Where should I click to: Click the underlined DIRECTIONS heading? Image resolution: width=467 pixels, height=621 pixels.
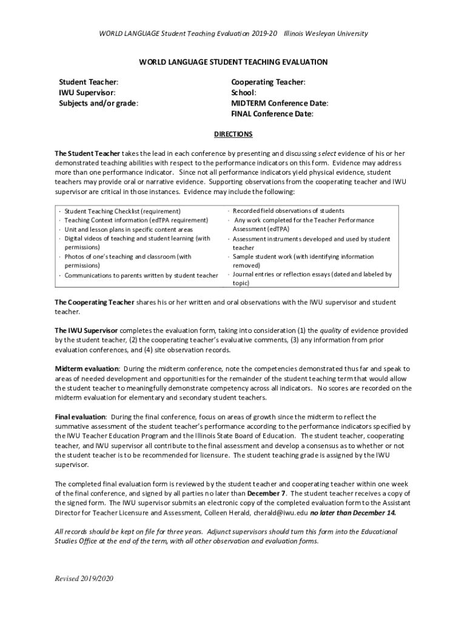233,134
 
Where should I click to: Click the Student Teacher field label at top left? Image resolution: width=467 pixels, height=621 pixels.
88,81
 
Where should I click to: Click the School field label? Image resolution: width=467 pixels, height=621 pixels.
244,92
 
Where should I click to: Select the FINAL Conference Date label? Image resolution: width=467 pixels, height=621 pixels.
272,114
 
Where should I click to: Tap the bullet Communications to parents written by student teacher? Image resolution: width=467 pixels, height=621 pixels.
141,275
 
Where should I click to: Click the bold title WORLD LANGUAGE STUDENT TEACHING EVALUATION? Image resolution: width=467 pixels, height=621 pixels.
233,62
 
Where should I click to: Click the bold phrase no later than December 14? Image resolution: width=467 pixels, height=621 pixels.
354,512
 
